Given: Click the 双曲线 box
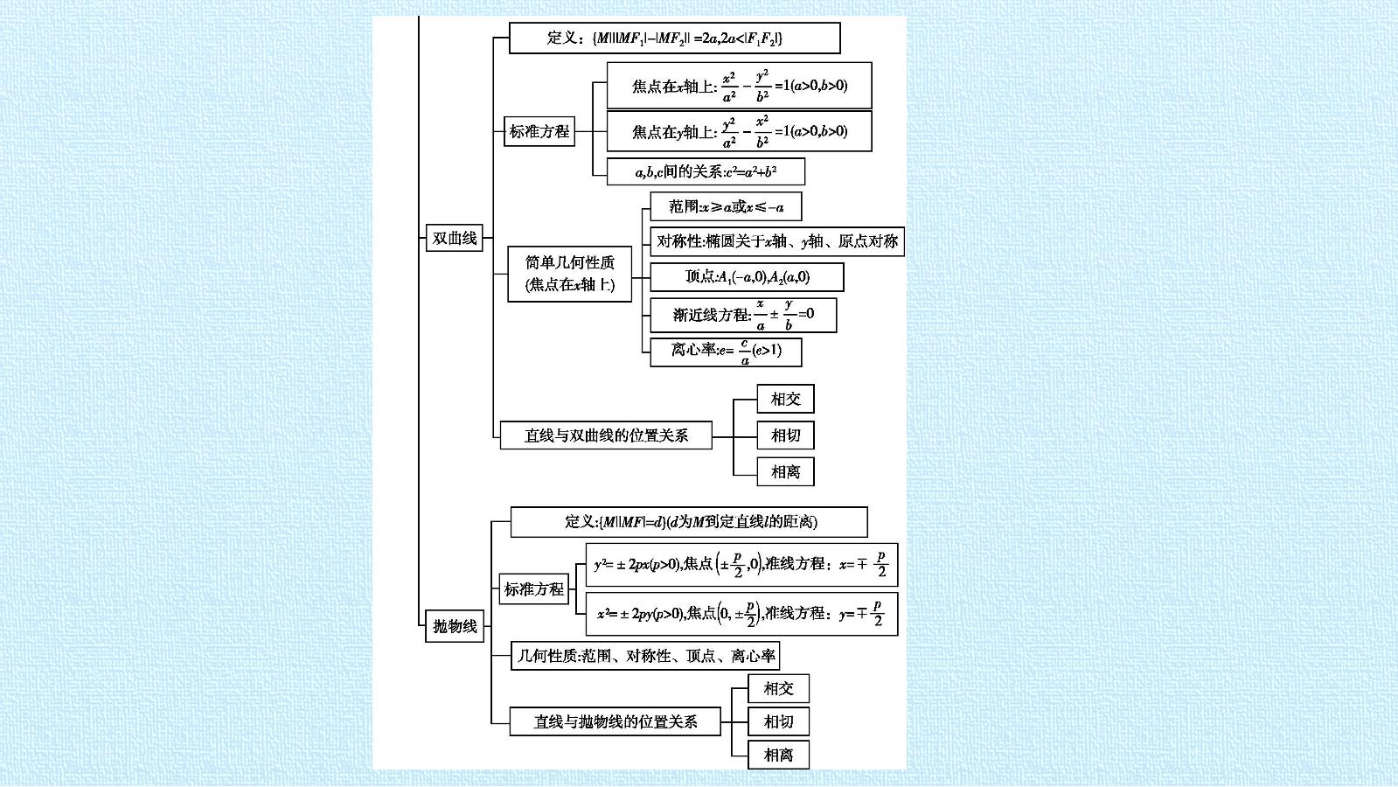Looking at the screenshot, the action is click(x=455, y=238).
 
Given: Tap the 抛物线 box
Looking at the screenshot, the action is click(x=455, y=626).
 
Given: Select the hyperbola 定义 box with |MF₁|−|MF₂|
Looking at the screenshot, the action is click(x=675, y=38).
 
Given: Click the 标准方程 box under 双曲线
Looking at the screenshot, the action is click(x=539, y=131).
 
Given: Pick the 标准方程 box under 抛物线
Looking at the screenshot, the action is click(x=533, y=589).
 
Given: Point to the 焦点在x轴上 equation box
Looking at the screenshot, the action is click(x=739, y=86).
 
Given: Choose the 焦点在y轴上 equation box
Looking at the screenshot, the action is click(x=739, y=131).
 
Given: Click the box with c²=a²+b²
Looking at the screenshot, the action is click(x=706, y=171).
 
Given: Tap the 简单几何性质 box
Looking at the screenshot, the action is click(x=570, y=274).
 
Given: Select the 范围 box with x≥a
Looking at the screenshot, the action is click(x=726, y=206).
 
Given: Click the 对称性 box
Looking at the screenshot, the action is click(x=777, y=241).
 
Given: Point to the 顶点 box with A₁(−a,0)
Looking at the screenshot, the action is click(x=747, y=277).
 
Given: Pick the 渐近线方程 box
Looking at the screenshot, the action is click(x=743, y=315).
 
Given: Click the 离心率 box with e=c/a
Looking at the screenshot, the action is click(x=726, y=352).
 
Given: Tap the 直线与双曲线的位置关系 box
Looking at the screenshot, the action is click(x=606, y=435).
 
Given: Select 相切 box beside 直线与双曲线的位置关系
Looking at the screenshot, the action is click(x=785, y=435).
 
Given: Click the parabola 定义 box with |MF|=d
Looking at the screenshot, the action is click(x=689, y=522).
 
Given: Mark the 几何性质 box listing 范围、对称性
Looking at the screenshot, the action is click(x=645, y=656).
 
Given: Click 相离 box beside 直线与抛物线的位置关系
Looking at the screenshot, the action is click(x=778, y=756).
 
